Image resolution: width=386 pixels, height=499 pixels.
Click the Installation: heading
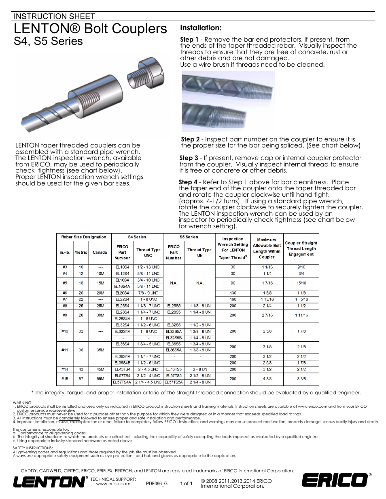click(x=201, y=28)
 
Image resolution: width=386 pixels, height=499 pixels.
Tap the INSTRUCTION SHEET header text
click(x=54, y=16)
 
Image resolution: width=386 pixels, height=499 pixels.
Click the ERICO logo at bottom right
click(x=334, y=480)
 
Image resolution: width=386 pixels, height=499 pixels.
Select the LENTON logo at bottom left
click(x=50, y=482)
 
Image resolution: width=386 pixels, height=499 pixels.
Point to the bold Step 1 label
click(x=189, y=40)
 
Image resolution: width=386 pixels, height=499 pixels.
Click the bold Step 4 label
click(x=188, y=182)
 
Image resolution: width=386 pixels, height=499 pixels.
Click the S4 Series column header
click(x=137, y=237)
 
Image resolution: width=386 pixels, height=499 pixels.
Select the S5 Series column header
click(x=189, y=237)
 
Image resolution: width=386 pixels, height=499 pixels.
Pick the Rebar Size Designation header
click(x=84, y=237)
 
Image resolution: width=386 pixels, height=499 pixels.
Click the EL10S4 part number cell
click(x=122, y=267)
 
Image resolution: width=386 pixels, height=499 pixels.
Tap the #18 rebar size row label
click(x=65, y=379)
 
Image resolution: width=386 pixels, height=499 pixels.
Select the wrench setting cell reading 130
click(x=233, y=293)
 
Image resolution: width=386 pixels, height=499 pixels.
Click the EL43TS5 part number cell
click(x=174, y=369)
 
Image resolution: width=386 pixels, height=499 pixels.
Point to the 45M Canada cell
click(x=100, y=369)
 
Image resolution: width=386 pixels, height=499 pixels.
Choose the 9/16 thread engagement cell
click(x=301, y=267)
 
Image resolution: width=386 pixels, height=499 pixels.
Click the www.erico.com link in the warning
click(x=312, y=406)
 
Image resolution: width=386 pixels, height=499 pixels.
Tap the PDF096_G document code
click(x=157, y=483)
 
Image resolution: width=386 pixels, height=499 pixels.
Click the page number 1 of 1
click(x=186, y=483)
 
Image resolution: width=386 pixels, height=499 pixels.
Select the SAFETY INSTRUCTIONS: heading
click(x=33, y=448)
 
